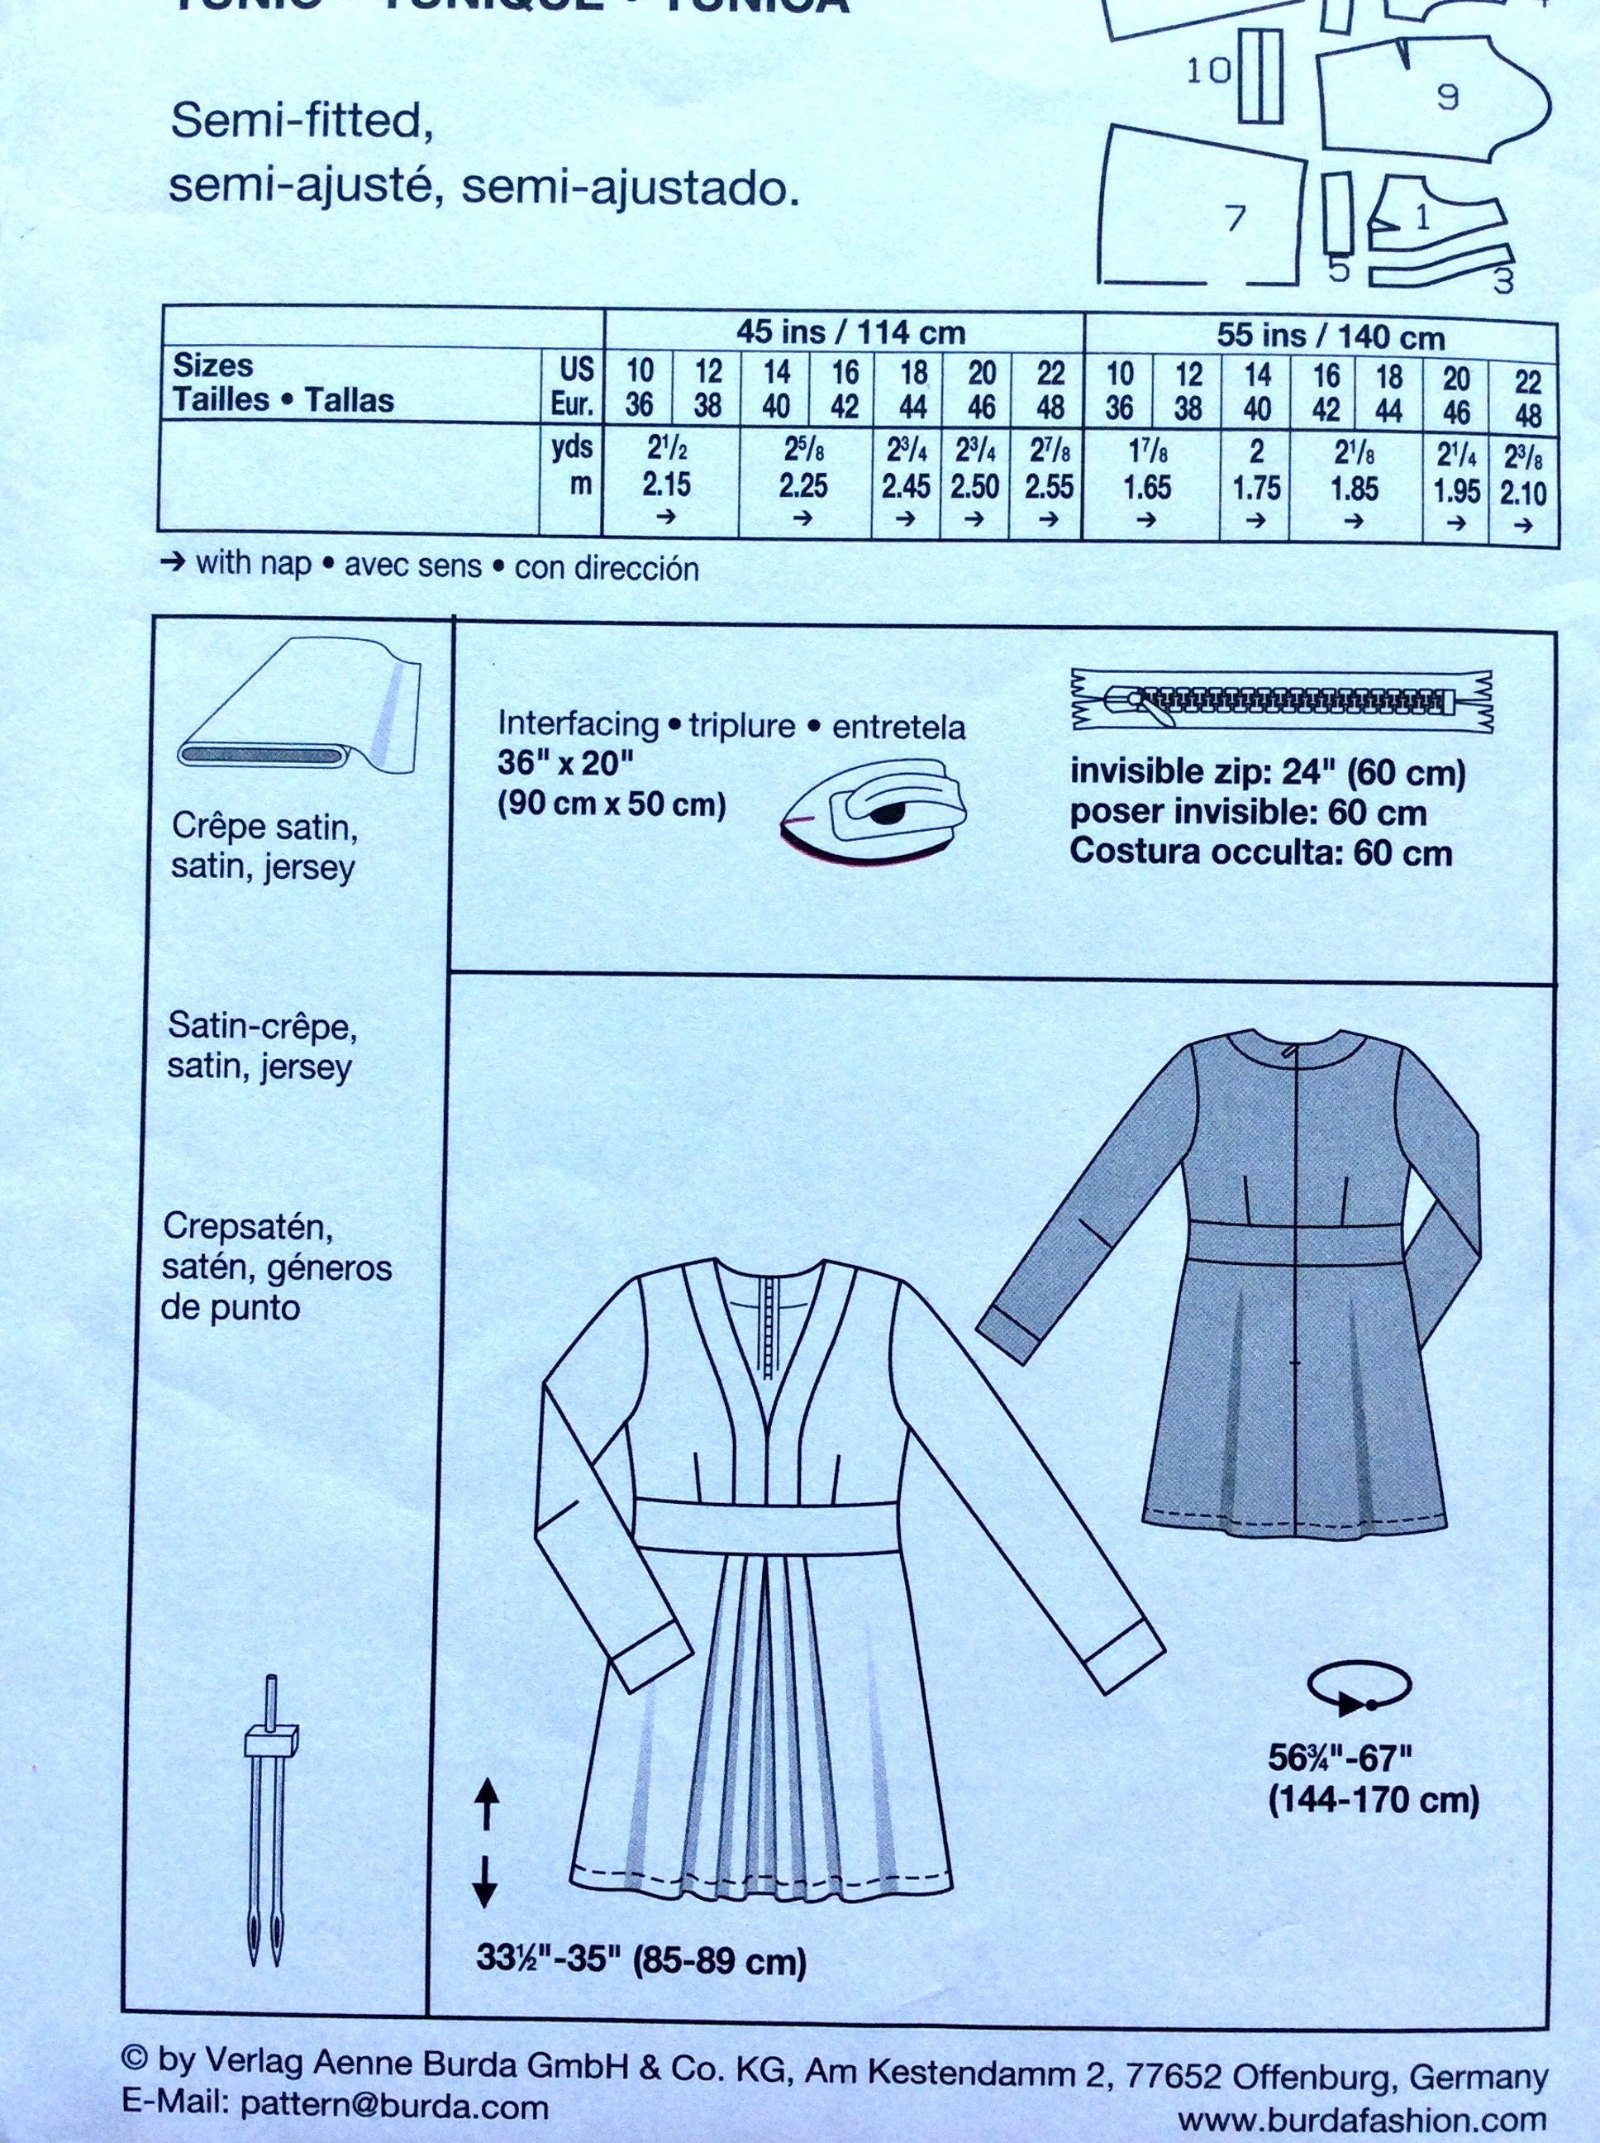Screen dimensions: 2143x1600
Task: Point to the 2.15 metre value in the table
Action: tap(666, 484)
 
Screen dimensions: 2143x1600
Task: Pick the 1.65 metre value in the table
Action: tap(1148, 486)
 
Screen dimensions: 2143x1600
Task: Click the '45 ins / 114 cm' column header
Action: tap(850, 333)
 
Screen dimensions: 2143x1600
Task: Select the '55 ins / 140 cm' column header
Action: tap(1330, 337)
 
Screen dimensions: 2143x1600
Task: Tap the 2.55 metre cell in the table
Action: tap(1049, 485)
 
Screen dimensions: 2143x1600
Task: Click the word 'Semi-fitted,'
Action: tap(300, 125)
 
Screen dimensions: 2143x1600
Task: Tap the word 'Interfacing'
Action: tap(577, 723)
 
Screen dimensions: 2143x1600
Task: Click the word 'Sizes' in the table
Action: tap(213, 365)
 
